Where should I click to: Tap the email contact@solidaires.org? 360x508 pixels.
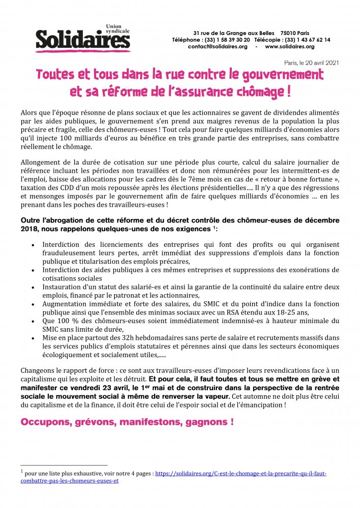(217, 46)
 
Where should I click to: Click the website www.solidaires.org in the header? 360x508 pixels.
(289, 46)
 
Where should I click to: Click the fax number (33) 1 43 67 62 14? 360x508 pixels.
(306, 39)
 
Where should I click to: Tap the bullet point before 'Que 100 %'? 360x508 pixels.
(33, 321)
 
